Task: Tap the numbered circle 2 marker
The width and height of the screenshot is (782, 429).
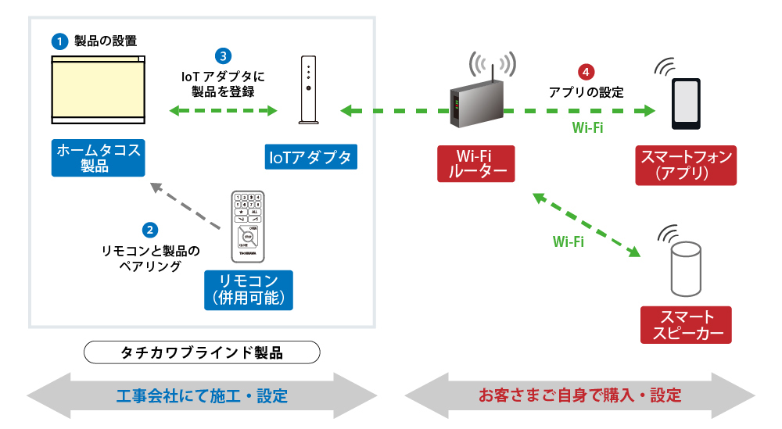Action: coord(150,230)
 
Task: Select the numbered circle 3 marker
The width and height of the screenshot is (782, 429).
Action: coord(224,56)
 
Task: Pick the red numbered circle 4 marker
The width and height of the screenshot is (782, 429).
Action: coord(586,72)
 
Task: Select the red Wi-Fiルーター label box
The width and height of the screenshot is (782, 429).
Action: coord(475,163)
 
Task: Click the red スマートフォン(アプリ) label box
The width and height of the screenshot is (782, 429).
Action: coord(686,165)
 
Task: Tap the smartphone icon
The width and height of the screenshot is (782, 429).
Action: coord(685,104)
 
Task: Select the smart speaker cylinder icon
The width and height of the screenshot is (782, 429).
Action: coord(685,270)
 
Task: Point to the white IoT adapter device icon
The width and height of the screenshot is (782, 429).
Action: coord(309,90)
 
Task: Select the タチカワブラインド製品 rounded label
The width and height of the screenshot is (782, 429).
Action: coord(202,352)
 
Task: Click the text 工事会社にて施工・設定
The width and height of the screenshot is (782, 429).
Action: coord(202,395)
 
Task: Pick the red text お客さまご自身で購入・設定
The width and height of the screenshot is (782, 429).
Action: coord(579,395)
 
